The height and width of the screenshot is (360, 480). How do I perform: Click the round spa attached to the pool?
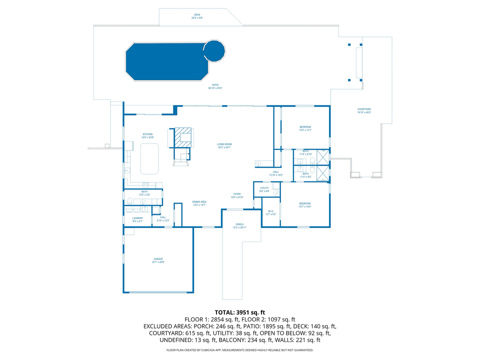pyautogui.click(x=214, y=50)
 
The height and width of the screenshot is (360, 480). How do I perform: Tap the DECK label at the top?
pyautogui.click(x=197, y=16)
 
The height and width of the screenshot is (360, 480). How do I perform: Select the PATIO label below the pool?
pyautogui.click(x=215, y=86)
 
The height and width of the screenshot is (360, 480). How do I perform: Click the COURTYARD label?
pyautogui.click(x=364, y=110)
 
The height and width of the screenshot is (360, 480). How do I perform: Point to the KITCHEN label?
pyautogui.click(x=147, y=135)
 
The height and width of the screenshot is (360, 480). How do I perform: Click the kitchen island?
pyautogui.click(x=149, y=158)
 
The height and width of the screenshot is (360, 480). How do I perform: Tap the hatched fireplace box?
pyautogui.click(x=182, y=138)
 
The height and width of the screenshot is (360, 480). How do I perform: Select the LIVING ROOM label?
pyautogui.click(x=224, y=145)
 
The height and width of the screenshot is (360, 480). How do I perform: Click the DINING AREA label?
pyautogui.click(x=199, y=203)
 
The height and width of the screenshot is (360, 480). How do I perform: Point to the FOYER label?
pyautogui.click(x=237, y=195)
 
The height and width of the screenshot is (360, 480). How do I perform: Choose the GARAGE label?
pyautogui.click(x=158, y=260)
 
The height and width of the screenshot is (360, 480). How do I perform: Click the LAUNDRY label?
pyautogui.click(x=137, y=219)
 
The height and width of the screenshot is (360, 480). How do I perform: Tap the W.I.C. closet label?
pyautogui.click(x=270, y=212)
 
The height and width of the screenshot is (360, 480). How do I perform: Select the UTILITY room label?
pyautogui.click(x=264, y=189)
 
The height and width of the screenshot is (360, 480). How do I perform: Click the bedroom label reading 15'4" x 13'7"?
pyautogui.click(x=305, y=128)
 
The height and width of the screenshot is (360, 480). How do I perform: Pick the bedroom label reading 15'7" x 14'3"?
pyautogui.click(x=304, y=204)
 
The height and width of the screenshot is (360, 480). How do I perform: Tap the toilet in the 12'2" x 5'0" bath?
pyautogui.click(x=130, y=201)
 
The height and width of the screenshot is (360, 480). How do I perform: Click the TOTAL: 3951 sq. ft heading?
pyautogui.click(x=239, y=312)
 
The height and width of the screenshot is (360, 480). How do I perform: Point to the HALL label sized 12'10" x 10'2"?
pyautogui.click(x=276, y=173)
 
